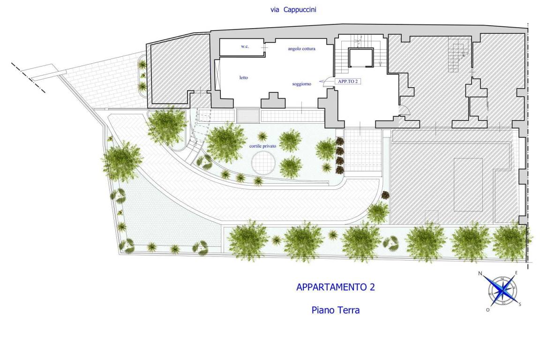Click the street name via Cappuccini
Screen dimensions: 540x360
pos(293,10)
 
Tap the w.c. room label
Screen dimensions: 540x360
pos(245,46)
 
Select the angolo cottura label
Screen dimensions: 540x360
pos(302,49)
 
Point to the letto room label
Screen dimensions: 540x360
pos(244,77)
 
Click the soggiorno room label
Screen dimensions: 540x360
pos(302,84)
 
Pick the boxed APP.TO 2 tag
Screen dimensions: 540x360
pos(347,81)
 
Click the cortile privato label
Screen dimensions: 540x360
pos(263,146)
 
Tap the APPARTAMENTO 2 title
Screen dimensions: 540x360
pos(336,287)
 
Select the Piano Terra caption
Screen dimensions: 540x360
pos(336,310)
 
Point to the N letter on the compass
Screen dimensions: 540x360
pos(480,274)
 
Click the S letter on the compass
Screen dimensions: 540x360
pos(520,304)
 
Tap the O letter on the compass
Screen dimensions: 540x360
pos(487,310)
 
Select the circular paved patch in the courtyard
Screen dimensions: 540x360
pos(263,163)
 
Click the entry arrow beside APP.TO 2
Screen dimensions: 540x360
pos(323,82)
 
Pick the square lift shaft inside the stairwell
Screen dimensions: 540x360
pos(360,58)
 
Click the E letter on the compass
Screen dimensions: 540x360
pos(516,273)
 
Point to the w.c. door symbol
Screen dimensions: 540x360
pos(264,47)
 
